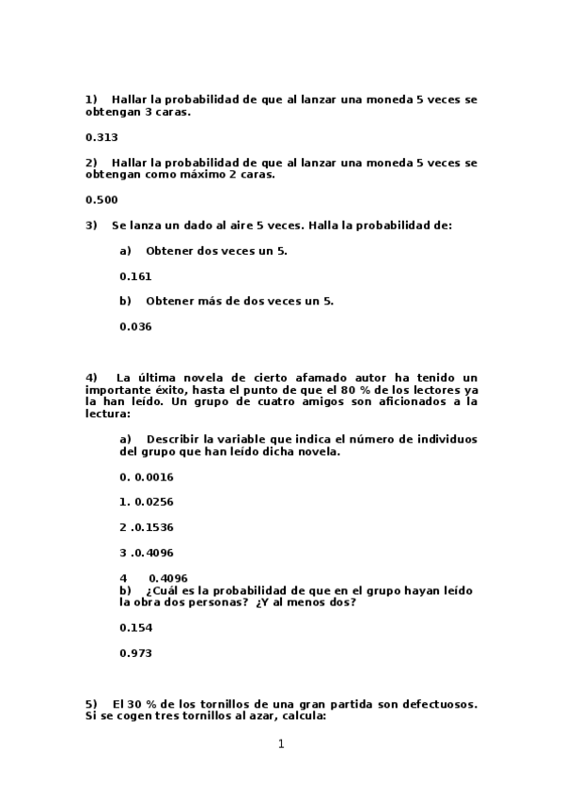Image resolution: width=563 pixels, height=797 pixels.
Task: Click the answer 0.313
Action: [101, 136]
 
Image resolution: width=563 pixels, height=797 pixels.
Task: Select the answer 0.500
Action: [101, 199]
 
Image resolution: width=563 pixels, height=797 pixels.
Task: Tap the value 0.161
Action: [135, 276]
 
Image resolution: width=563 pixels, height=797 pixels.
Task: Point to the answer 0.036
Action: [135, 327]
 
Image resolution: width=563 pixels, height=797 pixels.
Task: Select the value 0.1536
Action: [152, 527]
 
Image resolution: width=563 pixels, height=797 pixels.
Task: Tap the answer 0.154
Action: [135, 627]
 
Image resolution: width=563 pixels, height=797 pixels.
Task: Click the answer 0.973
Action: [135, 652]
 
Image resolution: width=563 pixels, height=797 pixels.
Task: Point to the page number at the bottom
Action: [281, 744]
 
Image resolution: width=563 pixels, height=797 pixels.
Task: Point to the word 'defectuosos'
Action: [438, 703]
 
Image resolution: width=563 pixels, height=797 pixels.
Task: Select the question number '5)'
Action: [91, 703]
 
